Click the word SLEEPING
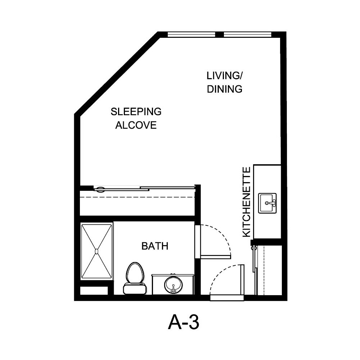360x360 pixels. coord(136,112)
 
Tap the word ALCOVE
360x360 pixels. coord(136,125)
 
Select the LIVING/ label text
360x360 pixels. coord(225,76)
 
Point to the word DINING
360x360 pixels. coord(225,89)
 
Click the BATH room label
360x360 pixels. coord(155,246)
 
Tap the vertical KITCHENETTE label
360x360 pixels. coord(247,202)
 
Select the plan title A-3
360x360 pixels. coord(183,322)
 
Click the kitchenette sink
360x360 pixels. coord(267,203)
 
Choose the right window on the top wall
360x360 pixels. coord(247,35)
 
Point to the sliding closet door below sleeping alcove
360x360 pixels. coord(144,188)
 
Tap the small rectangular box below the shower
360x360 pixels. coord(94,290)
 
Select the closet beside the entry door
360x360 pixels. coord(268,270)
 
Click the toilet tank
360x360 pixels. coord(135,288)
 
